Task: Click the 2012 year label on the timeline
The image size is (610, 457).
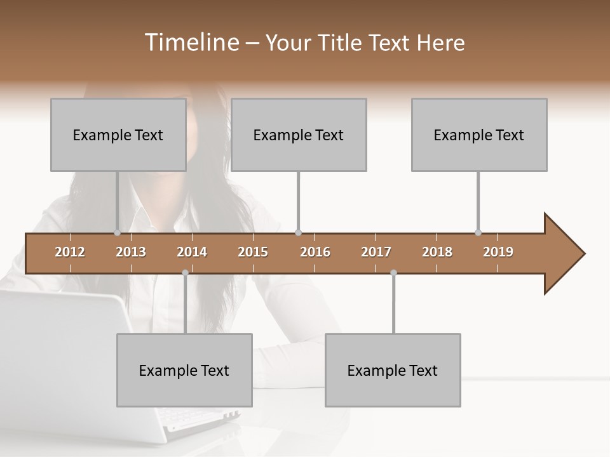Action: [70, 252]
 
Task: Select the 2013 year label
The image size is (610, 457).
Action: [131, 252]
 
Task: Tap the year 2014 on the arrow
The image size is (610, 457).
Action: [192, 252]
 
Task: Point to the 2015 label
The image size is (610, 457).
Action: [253, 252]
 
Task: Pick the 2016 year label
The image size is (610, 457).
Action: [315, 252]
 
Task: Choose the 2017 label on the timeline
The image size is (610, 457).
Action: [376, 252]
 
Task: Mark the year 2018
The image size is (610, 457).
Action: [437, 252]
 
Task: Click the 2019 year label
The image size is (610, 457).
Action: [498, 252]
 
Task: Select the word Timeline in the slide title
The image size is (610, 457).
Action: [191, 43]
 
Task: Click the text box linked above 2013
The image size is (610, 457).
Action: [118, 135]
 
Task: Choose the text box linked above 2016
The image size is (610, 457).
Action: [299, 135]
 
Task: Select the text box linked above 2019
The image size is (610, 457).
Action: [479, 135]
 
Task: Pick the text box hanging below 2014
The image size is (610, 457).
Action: [184, 370]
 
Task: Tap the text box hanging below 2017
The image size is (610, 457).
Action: [393, 370]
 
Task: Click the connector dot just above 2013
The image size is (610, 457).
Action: [117, 233]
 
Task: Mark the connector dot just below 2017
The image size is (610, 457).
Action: [393, 273]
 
